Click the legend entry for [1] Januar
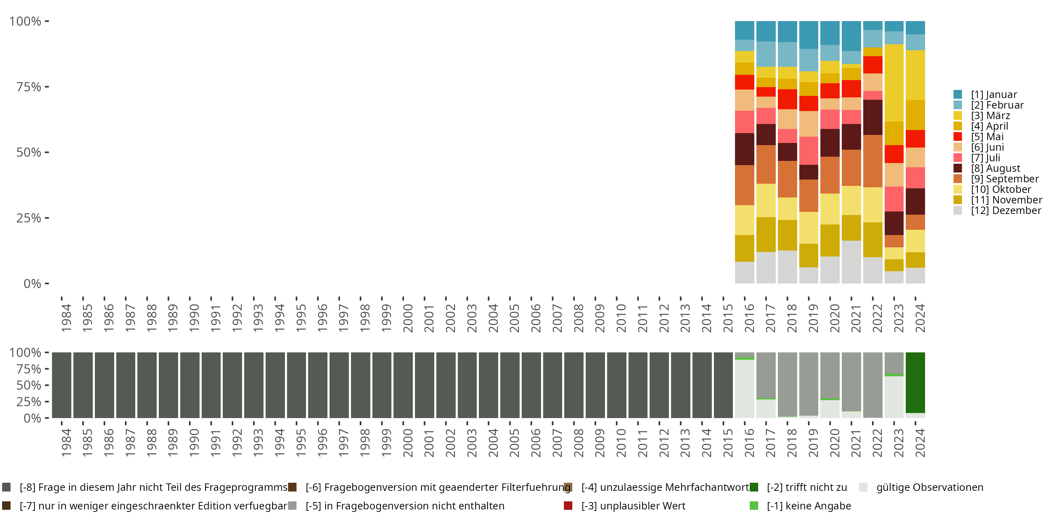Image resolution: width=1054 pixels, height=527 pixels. [x=994, y=95]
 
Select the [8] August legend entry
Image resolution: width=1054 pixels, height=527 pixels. [x=995, y=168]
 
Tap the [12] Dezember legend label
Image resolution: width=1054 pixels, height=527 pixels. [x=1006, y=210]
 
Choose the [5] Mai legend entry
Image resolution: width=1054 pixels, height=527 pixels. [x=987, y=137]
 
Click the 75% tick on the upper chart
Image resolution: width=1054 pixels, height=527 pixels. [x=29, y=87]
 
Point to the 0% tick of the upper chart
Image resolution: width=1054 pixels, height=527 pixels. [x=32, y=284]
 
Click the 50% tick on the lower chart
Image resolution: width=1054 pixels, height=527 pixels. [x=29, y=385]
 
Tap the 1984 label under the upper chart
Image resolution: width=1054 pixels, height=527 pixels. [x=66, y=318]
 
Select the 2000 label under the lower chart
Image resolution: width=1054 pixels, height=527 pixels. [x=408, y=443]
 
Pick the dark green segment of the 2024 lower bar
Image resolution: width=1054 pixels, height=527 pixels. [x=915, y=383]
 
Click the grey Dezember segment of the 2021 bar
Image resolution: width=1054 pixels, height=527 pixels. [x=852, y=262]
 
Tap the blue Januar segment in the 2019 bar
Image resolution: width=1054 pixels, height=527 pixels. [x=808, y=35]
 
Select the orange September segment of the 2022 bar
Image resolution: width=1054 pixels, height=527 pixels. [x=873, y=161]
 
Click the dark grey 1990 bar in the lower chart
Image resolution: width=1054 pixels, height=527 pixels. [x=190, y=385]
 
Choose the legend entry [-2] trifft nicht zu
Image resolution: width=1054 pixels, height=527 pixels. [x=806, y=487]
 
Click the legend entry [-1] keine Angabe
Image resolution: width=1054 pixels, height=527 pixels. [x=808, y=506]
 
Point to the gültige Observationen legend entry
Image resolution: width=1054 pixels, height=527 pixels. [x=929, y=487]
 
